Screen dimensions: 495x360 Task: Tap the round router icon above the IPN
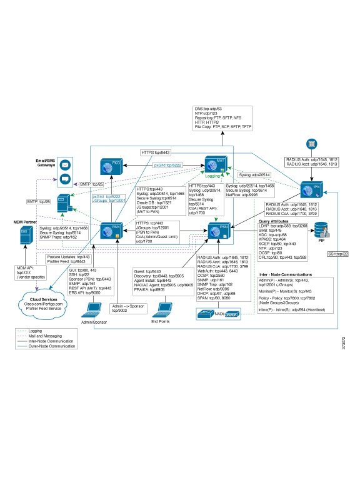click(311, 144)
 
